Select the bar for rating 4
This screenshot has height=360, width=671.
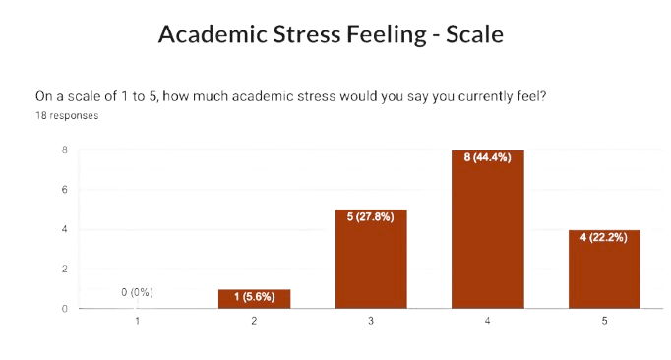(487, 230)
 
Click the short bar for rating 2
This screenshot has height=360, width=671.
(254, 298)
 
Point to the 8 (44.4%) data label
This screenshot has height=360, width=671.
(487, 157)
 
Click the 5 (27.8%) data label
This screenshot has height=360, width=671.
(371, 217)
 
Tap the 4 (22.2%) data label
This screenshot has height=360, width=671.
(603, 237)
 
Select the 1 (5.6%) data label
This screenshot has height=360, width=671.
(254, 296)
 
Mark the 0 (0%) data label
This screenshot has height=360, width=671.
(138, 292)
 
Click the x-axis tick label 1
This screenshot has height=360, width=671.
(138, 322)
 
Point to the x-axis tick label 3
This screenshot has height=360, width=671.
(371, 322)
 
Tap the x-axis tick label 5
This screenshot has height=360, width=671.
(603, 322)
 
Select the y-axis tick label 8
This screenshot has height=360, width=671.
(64, 150)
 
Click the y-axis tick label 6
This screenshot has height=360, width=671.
(64, 190)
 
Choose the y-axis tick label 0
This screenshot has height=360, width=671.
(64, 308)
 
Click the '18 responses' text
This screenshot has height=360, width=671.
(66, 115)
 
